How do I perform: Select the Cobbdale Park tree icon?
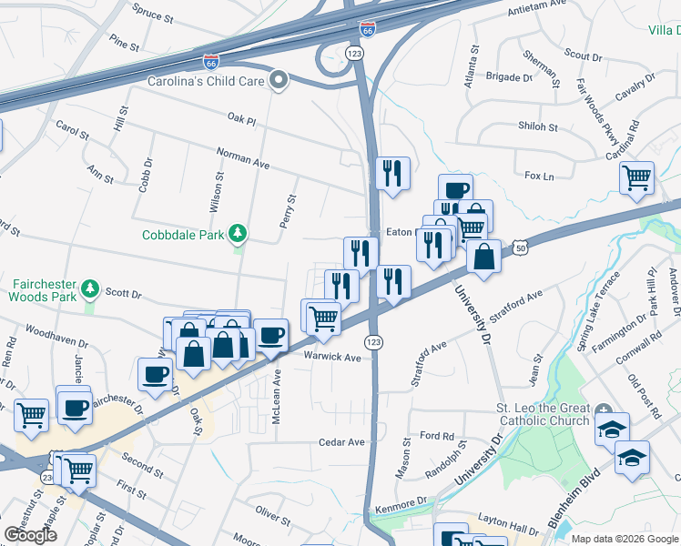238,234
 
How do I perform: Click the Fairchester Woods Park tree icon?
89,289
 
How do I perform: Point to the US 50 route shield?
519,246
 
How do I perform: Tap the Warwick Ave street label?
332,357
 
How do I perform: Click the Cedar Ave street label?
341,442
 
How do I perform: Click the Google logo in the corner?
30,535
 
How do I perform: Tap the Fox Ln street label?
540,175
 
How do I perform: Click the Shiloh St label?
537,127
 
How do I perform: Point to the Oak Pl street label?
243,119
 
